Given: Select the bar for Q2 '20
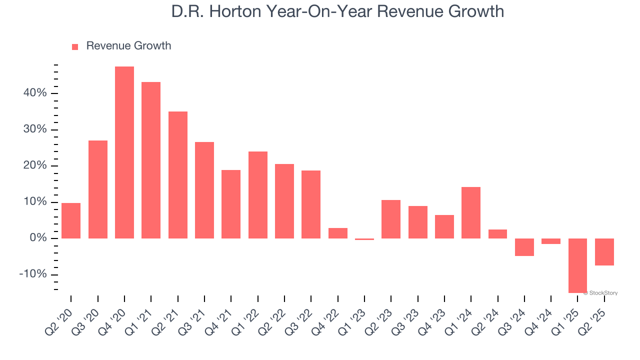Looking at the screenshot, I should pyautogui.click(x=71, y=220).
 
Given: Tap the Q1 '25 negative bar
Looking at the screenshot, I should pyautogui.click(x=577, y=265).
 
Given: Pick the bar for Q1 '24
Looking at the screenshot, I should pyautogui.click(x=471, y=212).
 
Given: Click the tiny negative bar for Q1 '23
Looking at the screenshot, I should pyautogui.click(x=364, y=239).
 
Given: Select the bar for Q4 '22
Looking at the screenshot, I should pyautogui.click(x=337, y=233).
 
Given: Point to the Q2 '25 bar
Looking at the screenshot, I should pyautogui.click(x=604, y=251).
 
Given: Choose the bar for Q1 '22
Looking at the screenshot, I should pyautogui.click(x=257, y=195).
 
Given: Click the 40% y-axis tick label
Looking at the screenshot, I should pyautogui.click(x=34, y=93).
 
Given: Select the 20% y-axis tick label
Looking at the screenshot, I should pyautogui.click(x=34, y=166).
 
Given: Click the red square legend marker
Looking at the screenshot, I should pyautogui.click(x=75, y=47).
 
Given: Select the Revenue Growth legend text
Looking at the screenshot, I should pyautogui.click(x=128, y=46).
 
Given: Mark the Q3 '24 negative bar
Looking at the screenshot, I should pyautogui.click(x=524, y=247).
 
